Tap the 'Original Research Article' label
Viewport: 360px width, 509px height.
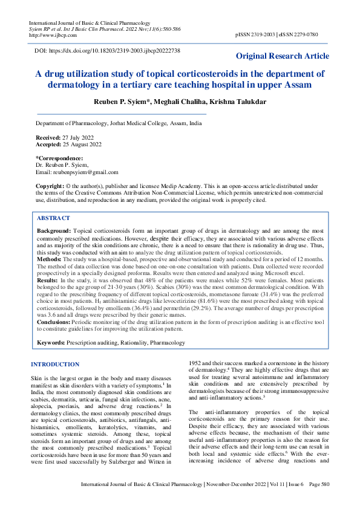[x=283, y=56]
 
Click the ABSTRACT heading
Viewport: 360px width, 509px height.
[x=53, y=218]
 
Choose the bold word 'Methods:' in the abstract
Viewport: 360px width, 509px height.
[x=50, y=259]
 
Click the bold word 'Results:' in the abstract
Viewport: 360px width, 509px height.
[x=48, y=281]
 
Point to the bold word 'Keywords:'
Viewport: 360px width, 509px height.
[x=51, y=343]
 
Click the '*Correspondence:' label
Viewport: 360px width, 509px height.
[x=59, y=158]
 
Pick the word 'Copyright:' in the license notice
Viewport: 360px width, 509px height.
[x=50, y=186]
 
